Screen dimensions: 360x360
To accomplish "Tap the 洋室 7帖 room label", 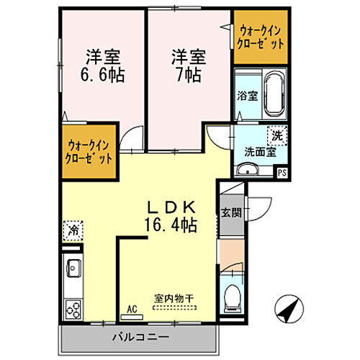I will (x=186, y=65).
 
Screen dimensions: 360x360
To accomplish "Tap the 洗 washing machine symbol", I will (x=276, y=133).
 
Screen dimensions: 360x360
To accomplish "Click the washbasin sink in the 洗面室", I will (x=247, y=169).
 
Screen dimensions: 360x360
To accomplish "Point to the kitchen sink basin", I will (x=73, y=270).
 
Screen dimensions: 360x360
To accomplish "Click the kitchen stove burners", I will (x=73, y=308).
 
